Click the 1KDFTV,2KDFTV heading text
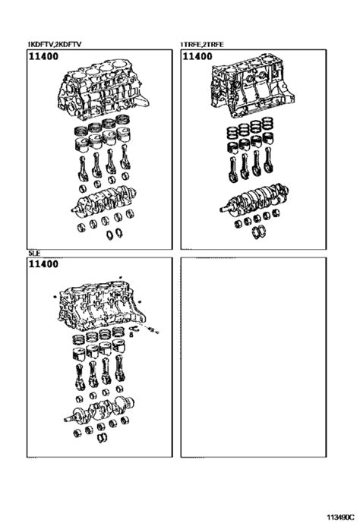click(55, 45)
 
